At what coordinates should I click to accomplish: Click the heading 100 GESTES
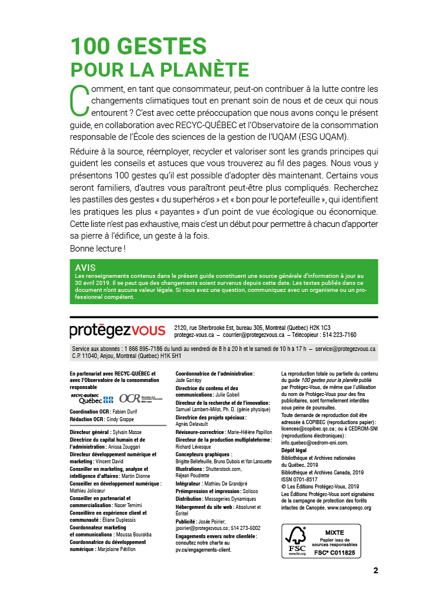[138, 46]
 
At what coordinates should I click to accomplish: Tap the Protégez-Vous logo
[117, 331]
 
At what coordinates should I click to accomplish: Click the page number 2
[375, 571]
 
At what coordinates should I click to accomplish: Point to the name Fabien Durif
[126, 411]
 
